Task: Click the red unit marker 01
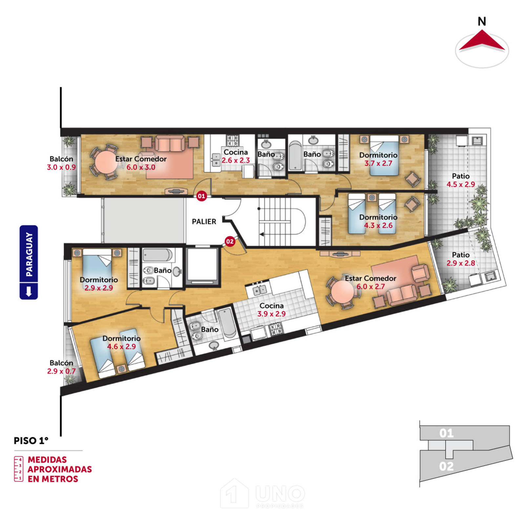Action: pos(201,196)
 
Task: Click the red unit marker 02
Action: pos(230,241)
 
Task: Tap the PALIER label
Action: pos(204,222)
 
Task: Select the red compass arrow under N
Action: pos(482,41)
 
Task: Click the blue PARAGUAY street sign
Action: pos(29,262)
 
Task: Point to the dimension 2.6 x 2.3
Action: pos(236,160)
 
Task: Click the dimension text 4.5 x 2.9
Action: pos(461,184)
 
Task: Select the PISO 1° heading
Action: pos(31,441)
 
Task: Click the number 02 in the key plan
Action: pos(447,466)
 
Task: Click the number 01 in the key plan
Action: pos(447,433)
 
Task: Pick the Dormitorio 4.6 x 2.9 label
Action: pos(121,342)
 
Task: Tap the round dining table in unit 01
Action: pos(105,162)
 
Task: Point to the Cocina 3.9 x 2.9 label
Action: pos(271,310)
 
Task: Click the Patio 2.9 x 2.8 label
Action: pos(461,259)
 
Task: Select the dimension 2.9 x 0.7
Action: pos(61,371)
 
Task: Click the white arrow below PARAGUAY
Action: pos(29,291)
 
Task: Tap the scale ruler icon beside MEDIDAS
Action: pos(18,469)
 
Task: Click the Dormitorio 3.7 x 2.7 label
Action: pos(378,159)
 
